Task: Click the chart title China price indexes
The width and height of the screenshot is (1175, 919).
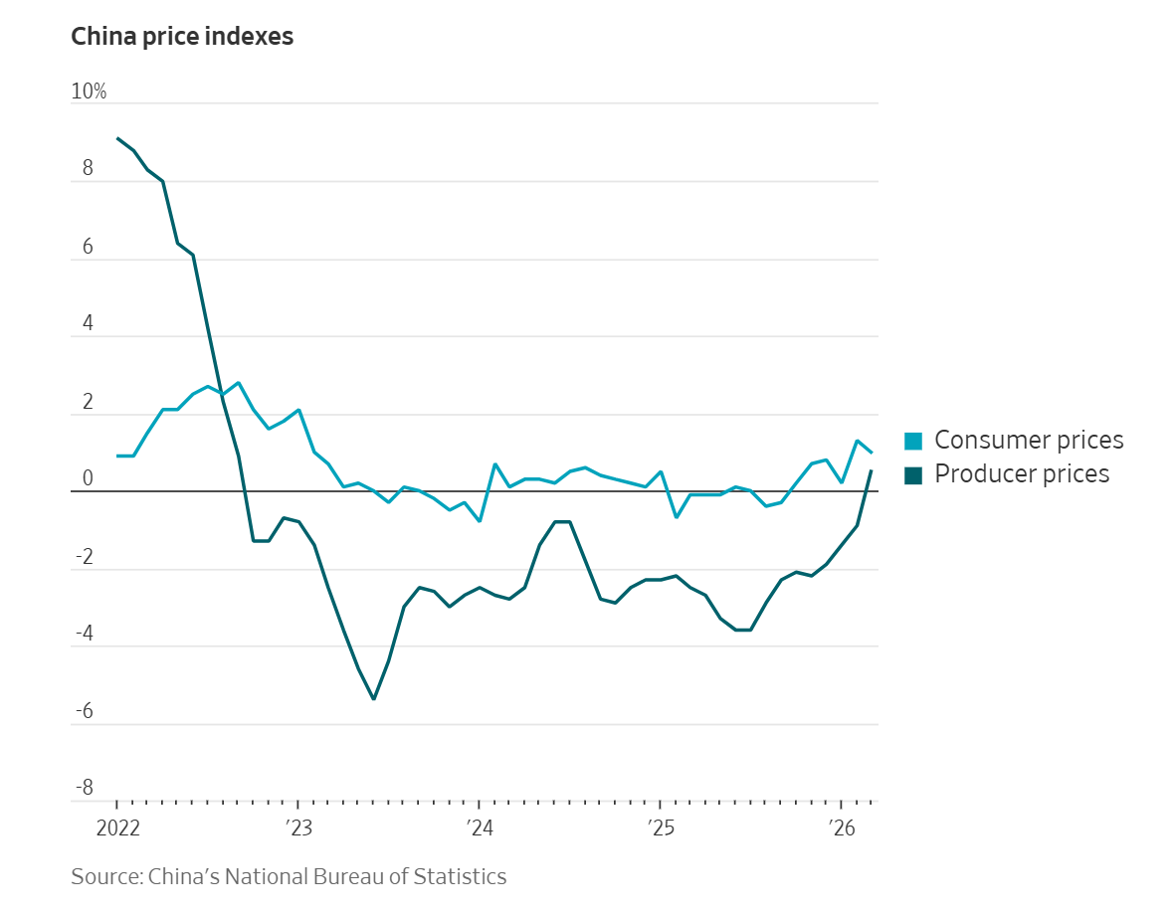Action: point(182,38)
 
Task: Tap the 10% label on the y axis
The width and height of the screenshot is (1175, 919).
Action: point(89,92)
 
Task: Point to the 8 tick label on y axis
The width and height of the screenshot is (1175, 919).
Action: point(88,169)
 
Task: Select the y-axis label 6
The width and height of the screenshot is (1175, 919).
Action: point(88,247)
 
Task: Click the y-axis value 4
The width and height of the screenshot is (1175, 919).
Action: point(88,324)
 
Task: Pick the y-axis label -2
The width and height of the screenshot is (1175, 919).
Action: point(85,557)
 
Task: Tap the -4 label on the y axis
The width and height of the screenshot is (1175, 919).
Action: point(85,634)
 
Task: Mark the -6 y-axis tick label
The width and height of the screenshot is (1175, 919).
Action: point(85,711)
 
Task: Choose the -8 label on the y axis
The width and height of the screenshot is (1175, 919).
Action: point(85,789)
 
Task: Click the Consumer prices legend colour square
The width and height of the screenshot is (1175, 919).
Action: point(912,441)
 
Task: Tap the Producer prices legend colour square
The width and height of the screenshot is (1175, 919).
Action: point(912,474)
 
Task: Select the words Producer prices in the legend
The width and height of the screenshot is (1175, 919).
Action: point(1022,474)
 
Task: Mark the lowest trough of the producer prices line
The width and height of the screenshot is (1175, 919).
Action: point(373,699)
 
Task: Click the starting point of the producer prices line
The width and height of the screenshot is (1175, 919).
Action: point(117,138)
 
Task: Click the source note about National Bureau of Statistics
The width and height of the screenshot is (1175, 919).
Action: point(289,877)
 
